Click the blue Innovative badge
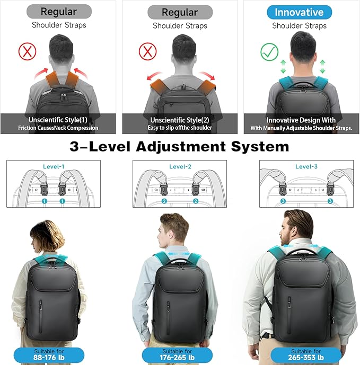point(299,12)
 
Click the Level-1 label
point(54,167)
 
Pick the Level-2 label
point(180,167)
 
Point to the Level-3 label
point(306,167)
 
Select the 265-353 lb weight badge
point(306,354)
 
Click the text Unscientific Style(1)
point(58,120)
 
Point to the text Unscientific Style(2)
point(180,120)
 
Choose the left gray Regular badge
point(58,11)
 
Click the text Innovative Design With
point(301,120)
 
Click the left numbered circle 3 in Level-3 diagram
point(283,201)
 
